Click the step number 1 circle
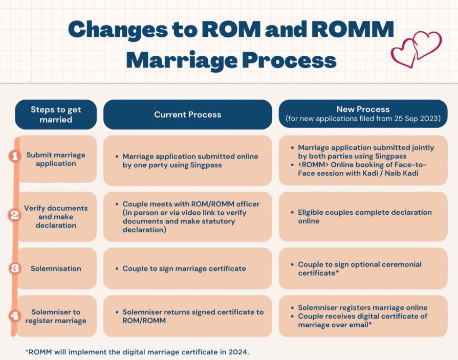[15, 156]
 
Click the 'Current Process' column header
[187, 115]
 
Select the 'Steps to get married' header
[56, 115]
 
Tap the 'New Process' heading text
[363, 109]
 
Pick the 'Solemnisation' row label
[56, 268]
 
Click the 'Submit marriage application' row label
[56, 159]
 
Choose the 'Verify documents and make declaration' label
[56, 217]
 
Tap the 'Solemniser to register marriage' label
[56, 316]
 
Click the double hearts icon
[416, 49]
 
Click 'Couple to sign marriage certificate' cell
[184, 268]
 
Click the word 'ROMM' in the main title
[353, 30]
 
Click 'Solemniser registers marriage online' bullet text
[362, 307]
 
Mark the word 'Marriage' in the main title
[182, 60]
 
